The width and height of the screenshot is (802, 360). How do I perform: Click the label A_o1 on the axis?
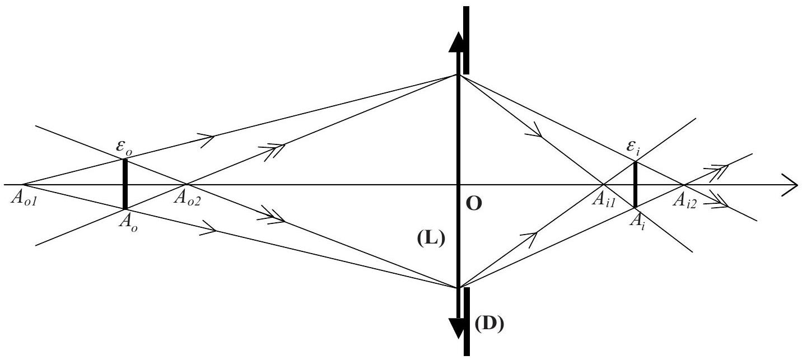tap(24, 198)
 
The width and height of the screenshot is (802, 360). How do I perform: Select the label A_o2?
tap(187, 198)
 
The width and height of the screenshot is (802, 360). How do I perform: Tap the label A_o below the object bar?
tap(128, 223)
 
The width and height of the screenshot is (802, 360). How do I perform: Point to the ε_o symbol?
tap(124, 148)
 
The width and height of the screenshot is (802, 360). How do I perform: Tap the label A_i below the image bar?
tap(637, 222)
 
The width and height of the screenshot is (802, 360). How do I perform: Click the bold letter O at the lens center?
tap(474, 204)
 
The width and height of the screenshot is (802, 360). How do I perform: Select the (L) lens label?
tap(431, 239)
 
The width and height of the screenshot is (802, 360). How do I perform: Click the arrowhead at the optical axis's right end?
tap(790, 185)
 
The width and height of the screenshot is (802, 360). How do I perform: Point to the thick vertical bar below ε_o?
tap(125, 184)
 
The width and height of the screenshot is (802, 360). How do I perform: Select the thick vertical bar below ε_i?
tap(635, 185)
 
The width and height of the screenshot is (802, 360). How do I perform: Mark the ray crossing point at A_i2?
tap(684, 185)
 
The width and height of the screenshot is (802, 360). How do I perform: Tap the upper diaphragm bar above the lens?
tap(466, 40)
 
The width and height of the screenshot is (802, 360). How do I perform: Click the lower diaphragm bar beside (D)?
tap(467, 322)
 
